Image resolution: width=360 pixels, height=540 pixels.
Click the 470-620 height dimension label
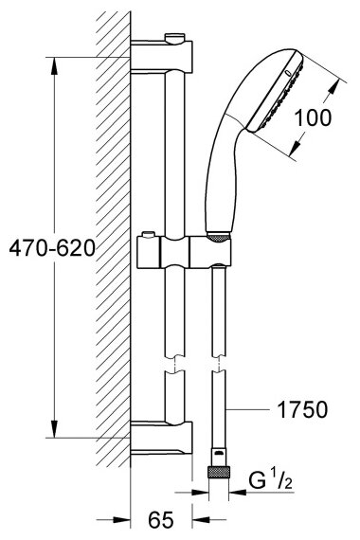pyautogui.click(x=52, y=248)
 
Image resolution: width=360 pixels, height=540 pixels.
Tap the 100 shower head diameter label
pyautogui.click(x=313, y=117)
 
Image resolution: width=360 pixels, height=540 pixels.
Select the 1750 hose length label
pyautogui.click(x=302, y=409)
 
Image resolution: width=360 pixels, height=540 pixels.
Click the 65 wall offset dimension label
pyautogui.click(x=161, y=519)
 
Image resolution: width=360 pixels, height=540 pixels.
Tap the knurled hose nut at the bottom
pyautogui.click(x=218, y=471)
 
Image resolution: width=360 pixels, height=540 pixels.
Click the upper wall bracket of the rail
pyautogui.click(x=161, y=55)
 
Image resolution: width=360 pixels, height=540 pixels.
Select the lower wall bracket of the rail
pyautogui.click(x=161, y=438)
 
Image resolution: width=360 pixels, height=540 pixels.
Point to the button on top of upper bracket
pyautogui.click(x=175, y=37)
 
